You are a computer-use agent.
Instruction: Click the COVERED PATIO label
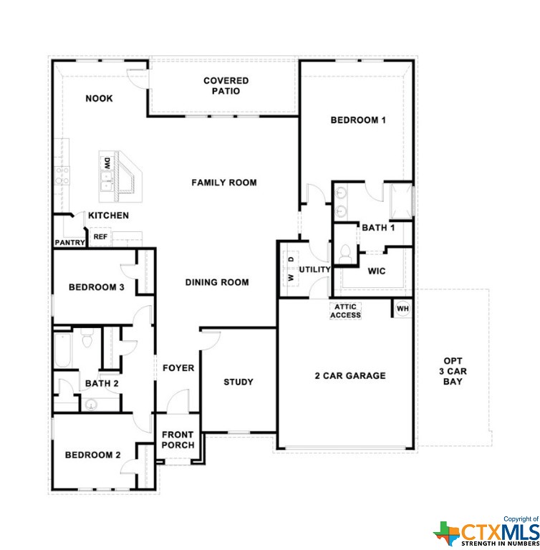pos(226,86)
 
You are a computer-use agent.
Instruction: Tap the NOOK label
pos(100,99)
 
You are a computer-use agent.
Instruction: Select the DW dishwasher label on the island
pos(107,163)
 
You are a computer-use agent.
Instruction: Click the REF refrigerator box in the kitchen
pos(100,237)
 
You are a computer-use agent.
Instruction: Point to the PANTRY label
pos(69,242)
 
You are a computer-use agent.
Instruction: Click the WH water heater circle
pos(402,309)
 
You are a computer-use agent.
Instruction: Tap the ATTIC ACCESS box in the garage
pos(345,311)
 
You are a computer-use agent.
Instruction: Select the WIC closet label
pos(377,271)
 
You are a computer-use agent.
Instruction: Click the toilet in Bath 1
pos(346,254)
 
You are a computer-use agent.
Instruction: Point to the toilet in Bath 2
pos(87,338)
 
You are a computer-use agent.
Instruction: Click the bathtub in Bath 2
pos(63,349)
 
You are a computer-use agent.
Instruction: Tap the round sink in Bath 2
pos(91,405)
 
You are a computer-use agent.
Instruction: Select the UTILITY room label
pos(314,269)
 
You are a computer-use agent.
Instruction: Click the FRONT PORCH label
pos(178,440)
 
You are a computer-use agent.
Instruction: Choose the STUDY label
pos(238,382)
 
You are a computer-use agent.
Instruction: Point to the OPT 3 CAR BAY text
pos(453,371)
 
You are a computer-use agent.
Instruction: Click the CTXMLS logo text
pos(500,532)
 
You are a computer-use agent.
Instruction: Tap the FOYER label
pos(178,368)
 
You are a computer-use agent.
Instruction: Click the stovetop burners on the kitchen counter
pos(62,175)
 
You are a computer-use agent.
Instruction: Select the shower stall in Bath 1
pos(401,202)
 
